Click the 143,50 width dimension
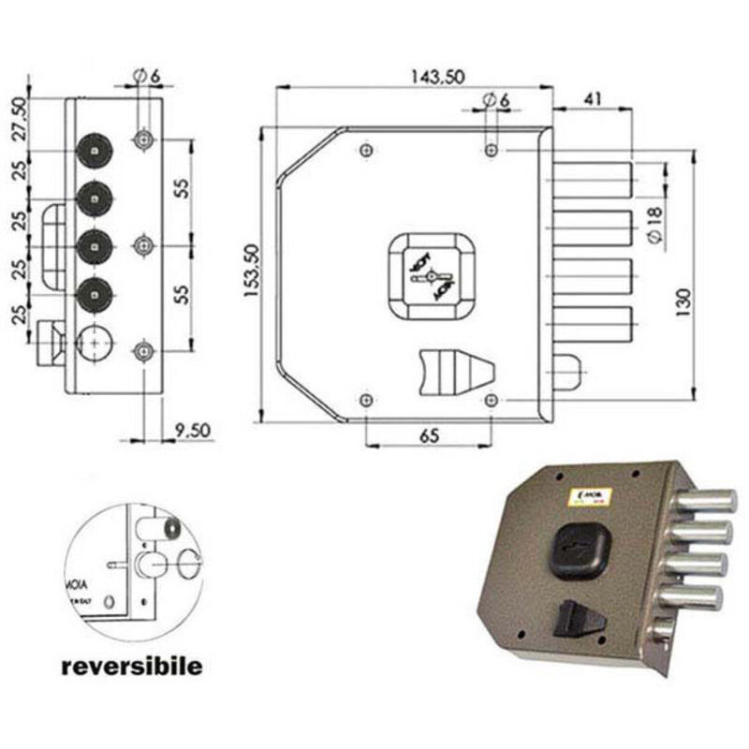point(437,78)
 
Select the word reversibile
point(131,668)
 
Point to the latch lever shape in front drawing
point(451,371)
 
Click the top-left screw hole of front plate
point(366,150)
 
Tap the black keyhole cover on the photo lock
point(577,548)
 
